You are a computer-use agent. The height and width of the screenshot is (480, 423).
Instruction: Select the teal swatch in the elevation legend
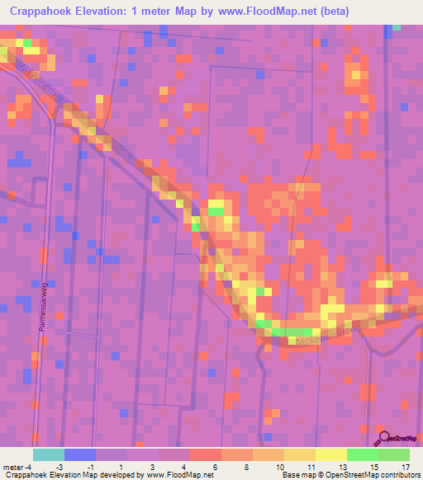click(49, 454)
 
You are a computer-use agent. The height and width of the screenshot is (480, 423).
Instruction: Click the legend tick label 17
click(404, 466)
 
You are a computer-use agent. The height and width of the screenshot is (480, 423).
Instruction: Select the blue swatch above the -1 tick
click(80, 454)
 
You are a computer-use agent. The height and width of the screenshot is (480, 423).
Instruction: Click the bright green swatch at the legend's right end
click(394, 454)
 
